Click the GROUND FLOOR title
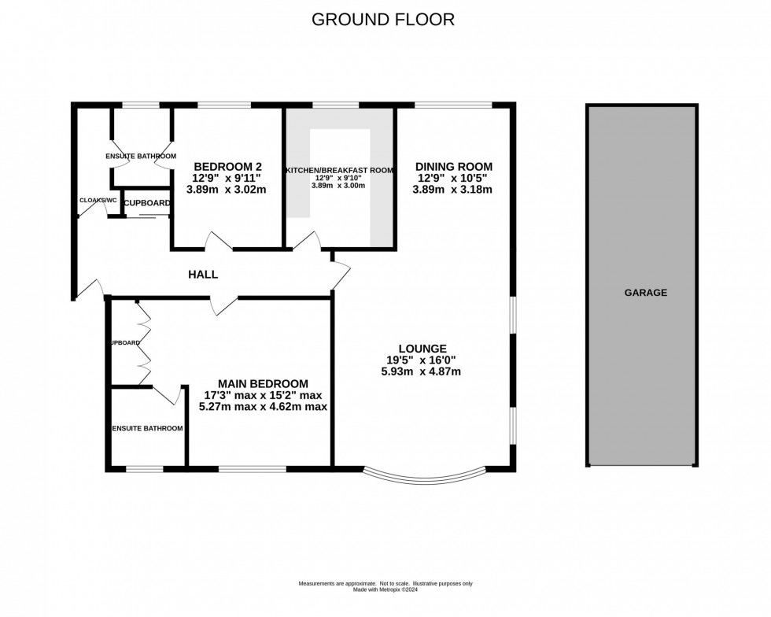(383, 19)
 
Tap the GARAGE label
(645, 293)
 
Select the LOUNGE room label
(422, 349)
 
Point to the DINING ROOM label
(454, 167)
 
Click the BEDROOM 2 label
(227, 167)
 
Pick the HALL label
(202, 275)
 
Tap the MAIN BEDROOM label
(262, 383)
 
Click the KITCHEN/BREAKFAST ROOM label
(339, 170)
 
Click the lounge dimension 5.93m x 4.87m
(422, 371)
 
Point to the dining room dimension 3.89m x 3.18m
(454, 190)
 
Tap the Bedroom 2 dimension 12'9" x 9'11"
(227, 178)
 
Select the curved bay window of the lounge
(425, 476)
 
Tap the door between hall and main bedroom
(224, 305)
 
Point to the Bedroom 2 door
(219, 242)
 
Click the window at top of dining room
(453, 105)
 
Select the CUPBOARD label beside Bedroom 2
(146, 203)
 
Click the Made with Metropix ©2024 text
(385, 588)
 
